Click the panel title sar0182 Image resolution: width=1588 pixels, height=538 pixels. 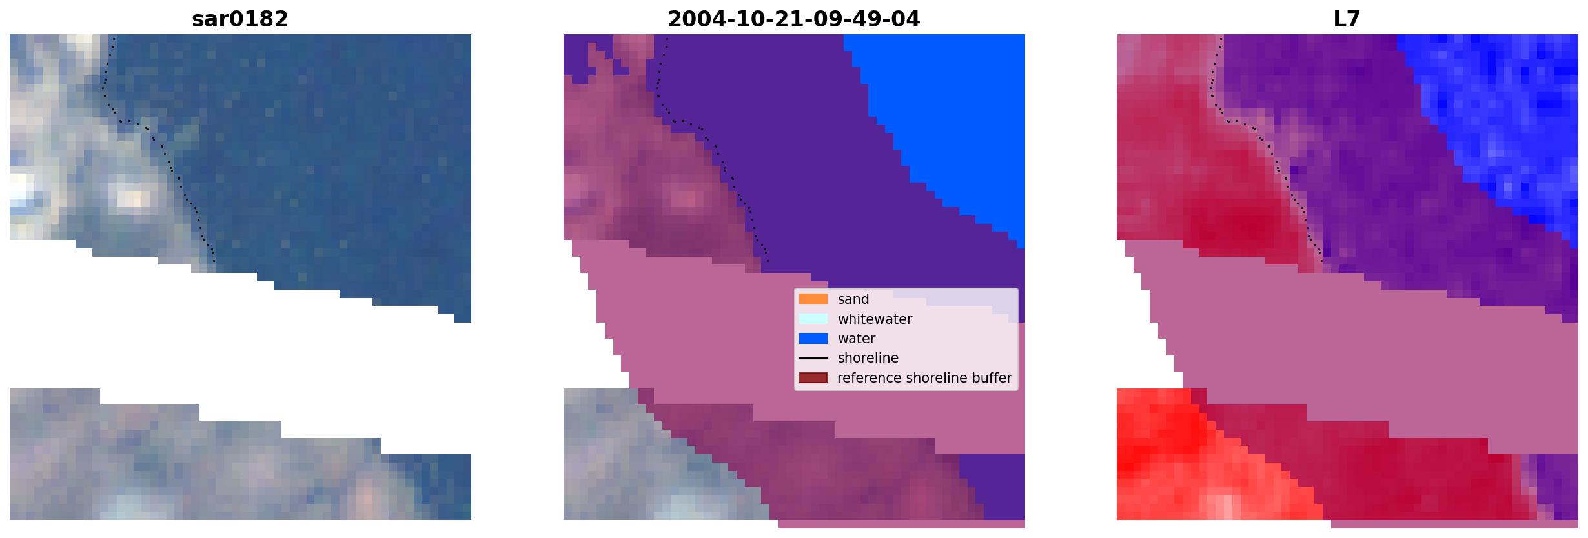[240, 19]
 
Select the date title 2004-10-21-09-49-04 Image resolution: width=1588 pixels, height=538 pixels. [793, 19]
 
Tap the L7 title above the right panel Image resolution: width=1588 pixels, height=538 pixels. [1347, 19]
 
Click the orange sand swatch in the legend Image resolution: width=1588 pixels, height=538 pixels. [813, 299]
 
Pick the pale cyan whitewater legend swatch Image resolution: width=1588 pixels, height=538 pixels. [813, 319]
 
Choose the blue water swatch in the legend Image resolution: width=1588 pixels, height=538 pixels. [813, 339]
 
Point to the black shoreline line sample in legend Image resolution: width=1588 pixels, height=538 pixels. [813, 358]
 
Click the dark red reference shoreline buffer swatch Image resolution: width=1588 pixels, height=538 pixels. [813, 377]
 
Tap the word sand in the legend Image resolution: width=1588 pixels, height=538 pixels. [853, 299]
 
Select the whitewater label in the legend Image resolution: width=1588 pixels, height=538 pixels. [875, 319]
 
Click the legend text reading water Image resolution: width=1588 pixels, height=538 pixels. [857, 339]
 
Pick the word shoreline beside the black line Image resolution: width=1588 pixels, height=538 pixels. [868, 358]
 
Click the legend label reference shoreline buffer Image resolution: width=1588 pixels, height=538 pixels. [924, 378]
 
